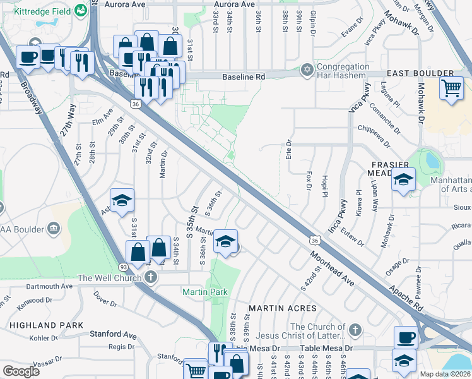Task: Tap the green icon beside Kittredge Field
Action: (81, 10)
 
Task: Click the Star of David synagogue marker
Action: (307, 69)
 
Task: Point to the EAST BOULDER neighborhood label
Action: (420, 74)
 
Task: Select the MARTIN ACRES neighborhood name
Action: (282, 308)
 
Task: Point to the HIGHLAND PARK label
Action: (47, 325)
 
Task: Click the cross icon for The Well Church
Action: (150, 277)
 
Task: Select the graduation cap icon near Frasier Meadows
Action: (403, 179)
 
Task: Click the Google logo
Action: (21, 371)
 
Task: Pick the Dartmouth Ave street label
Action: (40, 286)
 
